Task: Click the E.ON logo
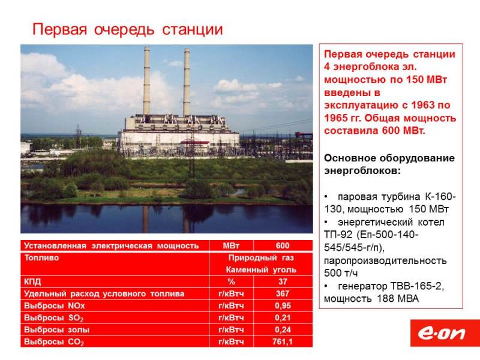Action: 445,333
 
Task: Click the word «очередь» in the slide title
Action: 124,29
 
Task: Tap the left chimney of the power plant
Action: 146,81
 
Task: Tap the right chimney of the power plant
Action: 187,82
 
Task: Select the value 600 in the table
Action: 282,245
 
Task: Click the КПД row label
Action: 32,281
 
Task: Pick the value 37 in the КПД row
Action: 283,281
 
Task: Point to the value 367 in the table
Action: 282,293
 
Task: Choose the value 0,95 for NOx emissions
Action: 283,306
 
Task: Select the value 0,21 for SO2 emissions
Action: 283,318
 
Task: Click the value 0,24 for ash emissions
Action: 283,329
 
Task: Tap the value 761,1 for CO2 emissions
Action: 282,341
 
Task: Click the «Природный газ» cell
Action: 261,258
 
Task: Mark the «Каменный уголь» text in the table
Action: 261,269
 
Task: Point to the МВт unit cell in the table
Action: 231,245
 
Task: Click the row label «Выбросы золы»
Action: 56,329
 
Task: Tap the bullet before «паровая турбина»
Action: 326,197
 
